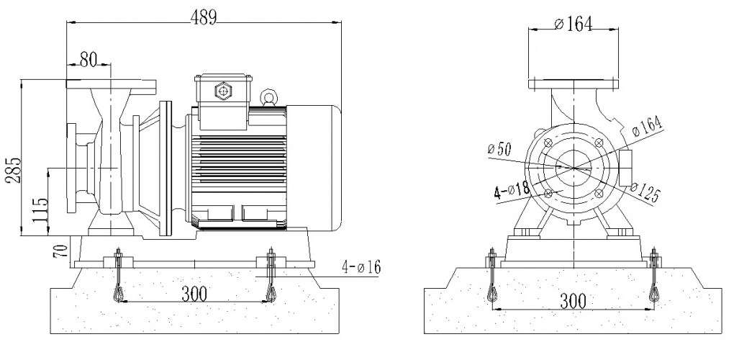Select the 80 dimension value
[88, 60]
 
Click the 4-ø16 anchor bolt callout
[358, 268]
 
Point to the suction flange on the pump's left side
[71, 168]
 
